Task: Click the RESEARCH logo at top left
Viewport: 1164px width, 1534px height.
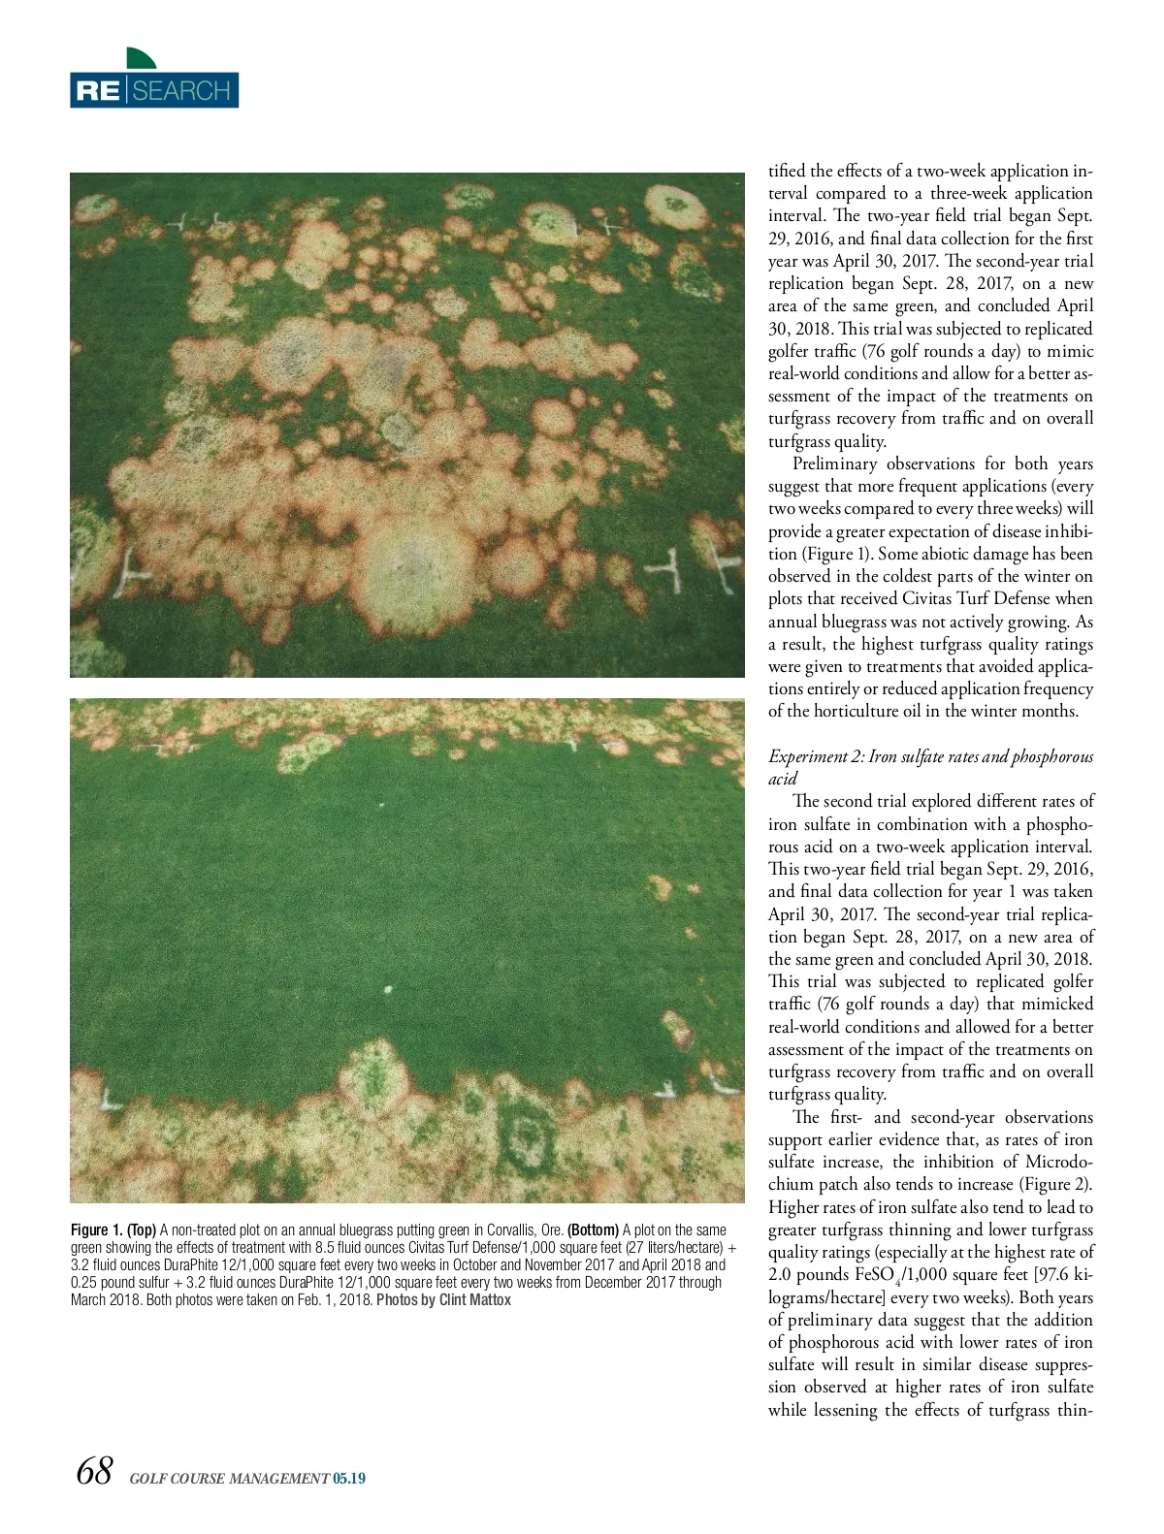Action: click(x=153, y=90)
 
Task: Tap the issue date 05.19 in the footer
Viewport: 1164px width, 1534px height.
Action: click(x=348, y=1479)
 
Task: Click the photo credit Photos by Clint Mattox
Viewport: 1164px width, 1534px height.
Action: click(x=443, y=1299)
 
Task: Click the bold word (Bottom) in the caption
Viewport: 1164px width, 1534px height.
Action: click(x=593, y=1230)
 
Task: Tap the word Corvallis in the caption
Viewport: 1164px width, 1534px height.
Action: click(x=513, y=1230)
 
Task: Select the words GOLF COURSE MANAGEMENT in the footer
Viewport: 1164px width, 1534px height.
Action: click(x=229, y=1479)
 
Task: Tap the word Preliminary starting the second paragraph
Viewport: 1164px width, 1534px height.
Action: click(x=834, y=463)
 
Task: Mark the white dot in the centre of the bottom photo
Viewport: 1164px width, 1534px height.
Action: click(x=388, y=990)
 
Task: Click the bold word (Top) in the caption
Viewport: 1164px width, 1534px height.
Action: click(x=142, y=1230)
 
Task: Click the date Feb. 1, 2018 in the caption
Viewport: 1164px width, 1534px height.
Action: click(x=329, y=1299)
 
